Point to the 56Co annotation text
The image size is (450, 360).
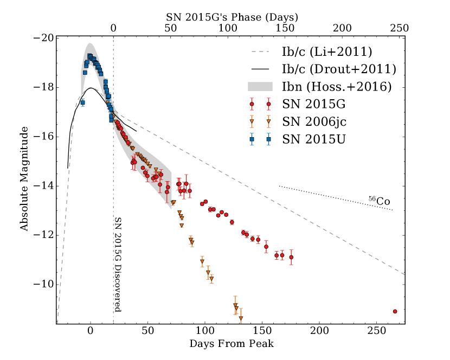[380, 201]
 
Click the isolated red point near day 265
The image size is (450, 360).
[395, 311]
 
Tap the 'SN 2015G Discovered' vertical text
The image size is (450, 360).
[118, 265]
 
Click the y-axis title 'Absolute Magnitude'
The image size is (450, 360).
[24, 178]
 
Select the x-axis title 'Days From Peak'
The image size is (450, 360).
[232, 344]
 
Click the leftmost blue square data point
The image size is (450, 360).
[82, 102]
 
